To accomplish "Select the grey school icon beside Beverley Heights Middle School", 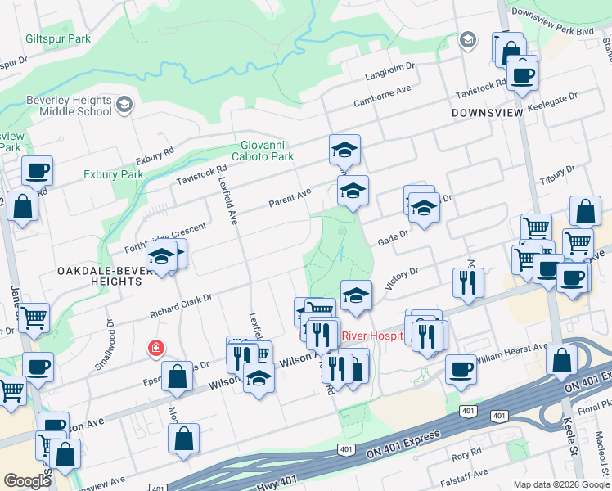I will [x=124, y=104].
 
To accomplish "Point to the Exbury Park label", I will [x=113, y=174].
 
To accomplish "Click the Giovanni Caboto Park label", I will [x=262, y=150].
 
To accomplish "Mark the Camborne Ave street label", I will [x=381, y=97].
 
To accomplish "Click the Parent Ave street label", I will [x=291, y=199].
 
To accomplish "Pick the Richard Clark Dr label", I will [x=180, y=305].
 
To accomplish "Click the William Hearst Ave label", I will [x=513, y=352].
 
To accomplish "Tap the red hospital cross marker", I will [x=155, y=349].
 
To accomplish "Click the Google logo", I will [x=27, y=480].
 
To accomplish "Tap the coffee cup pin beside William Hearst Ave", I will [x=461, y=368].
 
